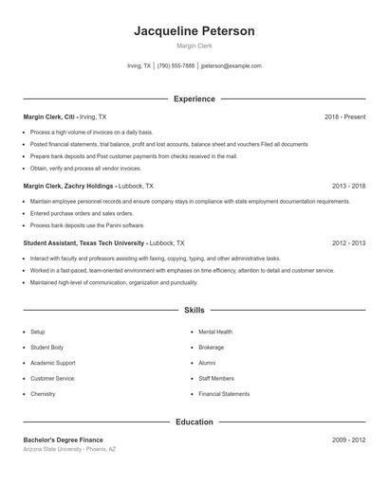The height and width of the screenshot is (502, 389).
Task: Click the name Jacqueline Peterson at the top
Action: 194,31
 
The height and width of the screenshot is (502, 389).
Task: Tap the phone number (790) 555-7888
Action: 176,66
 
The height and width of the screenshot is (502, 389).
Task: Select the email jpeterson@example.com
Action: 231,66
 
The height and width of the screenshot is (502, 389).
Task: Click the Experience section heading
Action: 194,99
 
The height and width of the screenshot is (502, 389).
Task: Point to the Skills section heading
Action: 194,310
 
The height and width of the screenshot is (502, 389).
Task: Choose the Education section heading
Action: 194,421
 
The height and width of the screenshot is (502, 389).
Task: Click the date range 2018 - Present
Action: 344,117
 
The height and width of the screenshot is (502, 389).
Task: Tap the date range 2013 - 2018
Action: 348,187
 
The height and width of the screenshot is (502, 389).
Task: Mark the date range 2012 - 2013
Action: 348,242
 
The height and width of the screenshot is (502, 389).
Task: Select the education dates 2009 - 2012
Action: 348,439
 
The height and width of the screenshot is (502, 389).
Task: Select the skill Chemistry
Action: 43,394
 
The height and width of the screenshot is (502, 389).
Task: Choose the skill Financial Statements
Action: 224,394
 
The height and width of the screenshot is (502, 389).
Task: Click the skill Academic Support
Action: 52,363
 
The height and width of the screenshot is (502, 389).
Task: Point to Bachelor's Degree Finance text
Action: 63,439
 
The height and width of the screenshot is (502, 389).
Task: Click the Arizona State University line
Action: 69,449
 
